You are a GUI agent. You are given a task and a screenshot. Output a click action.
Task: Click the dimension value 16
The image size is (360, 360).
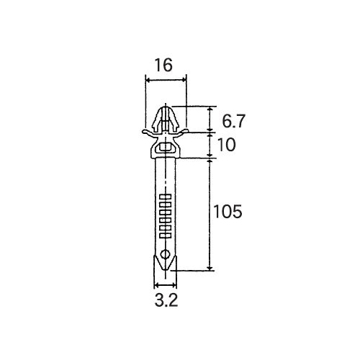coord(163,65)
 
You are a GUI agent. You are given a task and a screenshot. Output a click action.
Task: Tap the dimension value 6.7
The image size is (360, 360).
coord(233,121)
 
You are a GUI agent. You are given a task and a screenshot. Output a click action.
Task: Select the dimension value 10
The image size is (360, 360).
coord(226,145)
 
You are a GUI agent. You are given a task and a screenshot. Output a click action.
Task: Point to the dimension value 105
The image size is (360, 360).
coord(228,212)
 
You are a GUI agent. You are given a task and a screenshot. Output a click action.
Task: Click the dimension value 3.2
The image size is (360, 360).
coord(166,300)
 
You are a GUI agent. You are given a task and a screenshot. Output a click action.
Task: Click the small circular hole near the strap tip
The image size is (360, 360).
coord(165,254)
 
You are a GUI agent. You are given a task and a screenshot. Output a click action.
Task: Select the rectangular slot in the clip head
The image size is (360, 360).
coord(165,147)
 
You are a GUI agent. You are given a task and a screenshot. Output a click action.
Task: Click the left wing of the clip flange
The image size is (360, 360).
coord(149,132)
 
